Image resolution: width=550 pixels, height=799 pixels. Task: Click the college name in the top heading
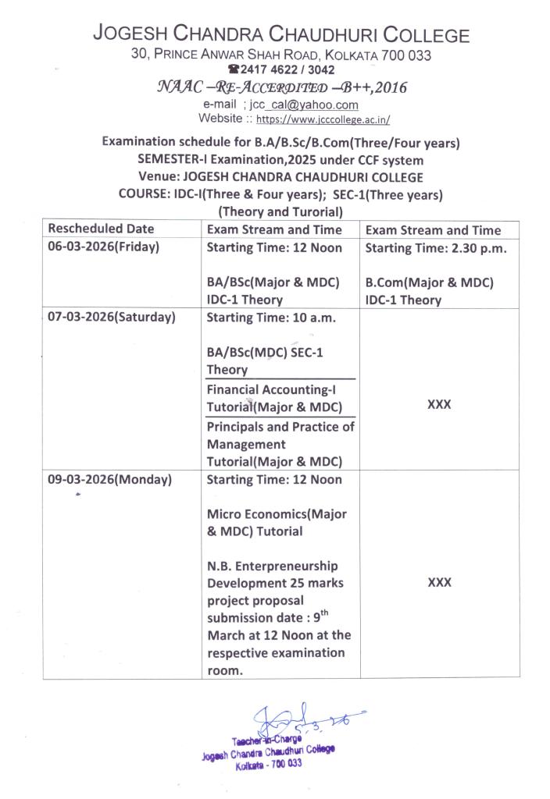pyautogui.click(x=280, y=35)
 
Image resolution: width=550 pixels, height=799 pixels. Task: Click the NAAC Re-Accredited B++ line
pyautogui.click(x=280, y=87)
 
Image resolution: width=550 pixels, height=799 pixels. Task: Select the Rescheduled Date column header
pyautogui.click(x=102, y=229)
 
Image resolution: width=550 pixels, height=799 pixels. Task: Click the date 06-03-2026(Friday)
pyautogui.click(x=104, y=247)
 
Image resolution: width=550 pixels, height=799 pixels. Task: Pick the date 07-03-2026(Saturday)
pyautogui.click(x=112, y=317)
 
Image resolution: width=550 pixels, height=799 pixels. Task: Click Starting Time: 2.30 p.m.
pyautogui.click(x=436, y=248)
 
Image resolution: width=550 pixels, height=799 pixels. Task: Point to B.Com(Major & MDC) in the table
pyautogui.click(x=429, y=282)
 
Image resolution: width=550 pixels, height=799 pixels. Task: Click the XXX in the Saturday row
pyautogui.click(x=439, y=404)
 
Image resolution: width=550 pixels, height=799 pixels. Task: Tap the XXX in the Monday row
pyautogui.click(x=439, y=582)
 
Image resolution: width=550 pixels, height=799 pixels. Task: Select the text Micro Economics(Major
pyautogui.click(x=277, y=514)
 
